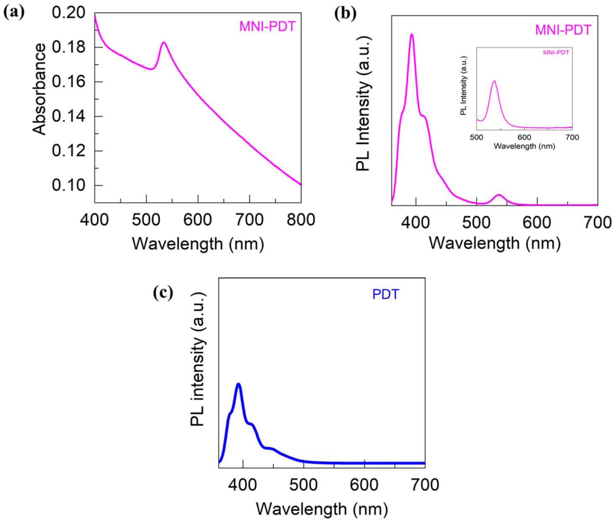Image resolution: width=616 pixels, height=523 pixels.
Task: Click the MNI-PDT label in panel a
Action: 267,27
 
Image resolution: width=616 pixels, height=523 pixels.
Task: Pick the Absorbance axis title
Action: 39,89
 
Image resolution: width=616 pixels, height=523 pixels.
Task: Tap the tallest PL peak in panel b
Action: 411,34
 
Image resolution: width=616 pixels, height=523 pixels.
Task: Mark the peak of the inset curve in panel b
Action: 494,81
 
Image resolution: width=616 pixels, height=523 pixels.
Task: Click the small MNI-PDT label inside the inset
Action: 556,53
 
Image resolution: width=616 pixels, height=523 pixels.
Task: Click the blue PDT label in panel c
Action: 385,295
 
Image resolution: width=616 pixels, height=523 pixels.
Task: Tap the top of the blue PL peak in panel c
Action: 238,384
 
